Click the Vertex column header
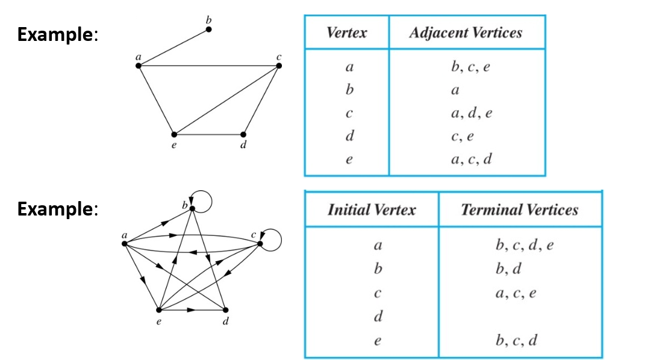[346, 33]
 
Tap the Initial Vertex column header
[371, 209]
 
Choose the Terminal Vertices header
[519, 209]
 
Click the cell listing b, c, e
[470, 67]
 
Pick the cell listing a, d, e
[471, 113]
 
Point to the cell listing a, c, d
[471, 159]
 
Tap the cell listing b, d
[508, 268]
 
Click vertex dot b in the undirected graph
[208, 29]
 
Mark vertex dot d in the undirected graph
[243, 134]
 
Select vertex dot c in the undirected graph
[279, 65]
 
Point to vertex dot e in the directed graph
[159, 310]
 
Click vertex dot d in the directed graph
[225, 310]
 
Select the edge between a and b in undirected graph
[173, 47]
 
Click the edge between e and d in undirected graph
[208, 134]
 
